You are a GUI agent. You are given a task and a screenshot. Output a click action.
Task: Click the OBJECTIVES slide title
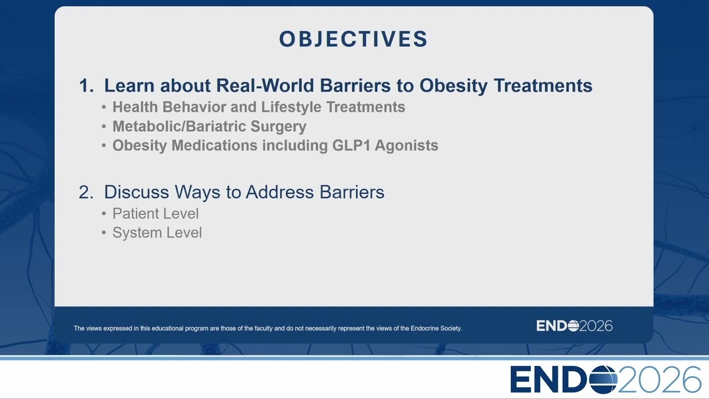(353, 39)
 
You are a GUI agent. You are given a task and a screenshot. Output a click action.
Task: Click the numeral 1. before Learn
(86, 85)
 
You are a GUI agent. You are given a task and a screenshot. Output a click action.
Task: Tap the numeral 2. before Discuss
(86, 192)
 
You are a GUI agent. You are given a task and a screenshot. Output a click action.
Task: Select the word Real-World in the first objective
(265, 85)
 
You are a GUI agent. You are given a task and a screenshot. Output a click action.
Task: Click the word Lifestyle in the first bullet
(291, 107)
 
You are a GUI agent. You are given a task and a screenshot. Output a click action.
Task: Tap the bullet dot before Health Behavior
(104, 108)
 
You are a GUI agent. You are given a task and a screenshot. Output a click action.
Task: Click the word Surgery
(279, 127)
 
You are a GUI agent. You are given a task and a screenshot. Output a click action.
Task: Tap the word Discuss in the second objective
(136, 192)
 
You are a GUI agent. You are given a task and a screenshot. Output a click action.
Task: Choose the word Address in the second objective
(280, 192)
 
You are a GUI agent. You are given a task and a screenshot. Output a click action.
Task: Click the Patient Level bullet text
(156, 213)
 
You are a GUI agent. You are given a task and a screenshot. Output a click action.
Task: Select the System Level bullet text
(157, 233)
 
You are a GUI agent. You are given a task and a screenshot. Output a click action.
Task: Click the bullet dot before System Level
(104, 233)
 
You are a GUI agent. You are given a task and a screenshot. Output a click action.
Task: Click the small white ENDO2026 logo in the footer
(574, 326)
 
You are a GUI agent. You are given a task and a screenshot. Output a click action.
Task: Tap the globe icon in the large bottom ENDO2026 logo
(603, 380)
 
